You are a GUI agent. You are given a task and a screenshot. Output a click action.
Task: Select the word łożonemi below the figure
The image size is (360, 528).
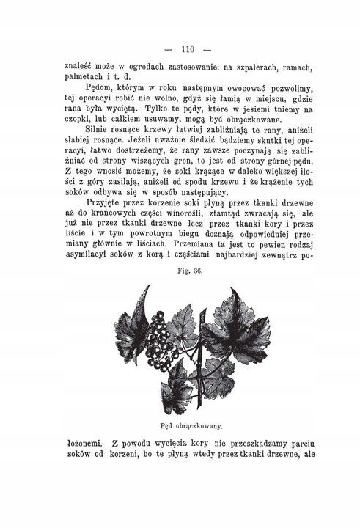[x=84, y=443]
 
